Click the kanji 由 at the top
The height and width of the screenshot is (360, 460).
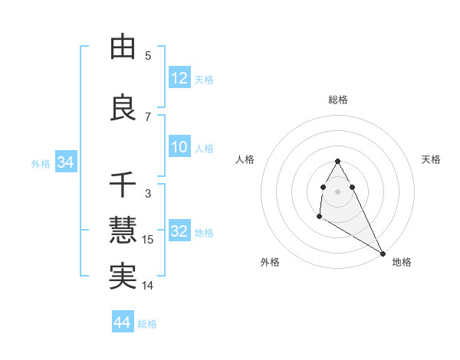tap(123, 47)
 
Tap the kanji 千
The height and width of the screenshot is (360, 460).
tap(123, 185)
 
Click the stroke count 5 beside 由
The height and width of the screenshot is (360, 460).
tap(148, 56)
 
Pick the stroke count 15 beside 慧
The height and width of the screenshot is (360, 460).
tap(148, 240)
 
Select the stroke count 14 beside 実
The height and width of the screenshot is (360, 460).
tap(148, 286)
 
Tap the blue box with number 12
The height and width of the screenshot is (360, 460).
tap(179, 79)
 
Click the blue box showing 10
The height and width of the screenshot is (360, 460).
tap(179, 148)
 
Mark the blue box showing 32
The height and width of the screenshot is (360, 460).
tap(179, 232)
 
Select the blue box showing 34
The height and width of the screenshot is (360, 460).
tap(65, 162)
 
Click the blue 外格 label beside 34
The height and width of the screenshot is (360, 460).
tap(41, 163)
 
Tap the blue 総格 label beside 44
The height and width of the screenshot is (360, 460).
tap(147, 324)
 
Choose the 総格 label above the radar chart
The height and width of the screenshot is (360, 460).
tap(337, 100)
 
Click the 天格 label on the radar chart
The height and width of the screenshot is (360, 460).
tap(431, 159)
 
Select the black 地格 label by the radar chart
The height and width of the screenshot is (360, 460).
tap(402, 262)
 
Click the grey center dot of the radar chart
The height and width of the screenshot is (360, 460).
tap(337, 191)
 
